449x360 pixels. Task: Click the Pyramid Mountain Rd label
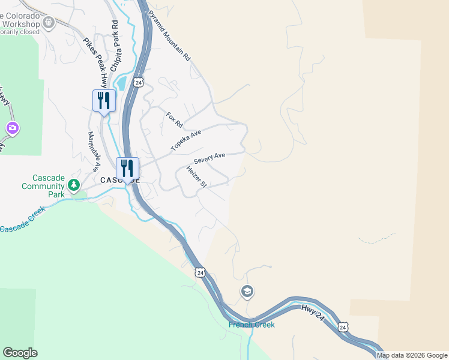169,35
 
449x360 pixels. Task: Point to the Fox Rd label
174,119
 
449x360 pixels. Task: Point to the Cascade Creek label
23,221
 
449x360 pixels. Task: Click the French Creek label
252,325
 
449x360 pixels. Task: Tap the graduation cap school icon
247,292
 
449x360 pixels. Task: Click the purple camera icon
12,128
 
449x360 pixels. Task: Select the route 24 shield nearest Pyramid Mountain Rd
139,82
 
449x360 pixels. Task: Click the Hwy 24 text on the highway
314,314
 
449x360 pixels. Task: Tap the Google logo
20,353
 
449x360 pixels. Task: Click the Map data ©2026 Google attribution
412,355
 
